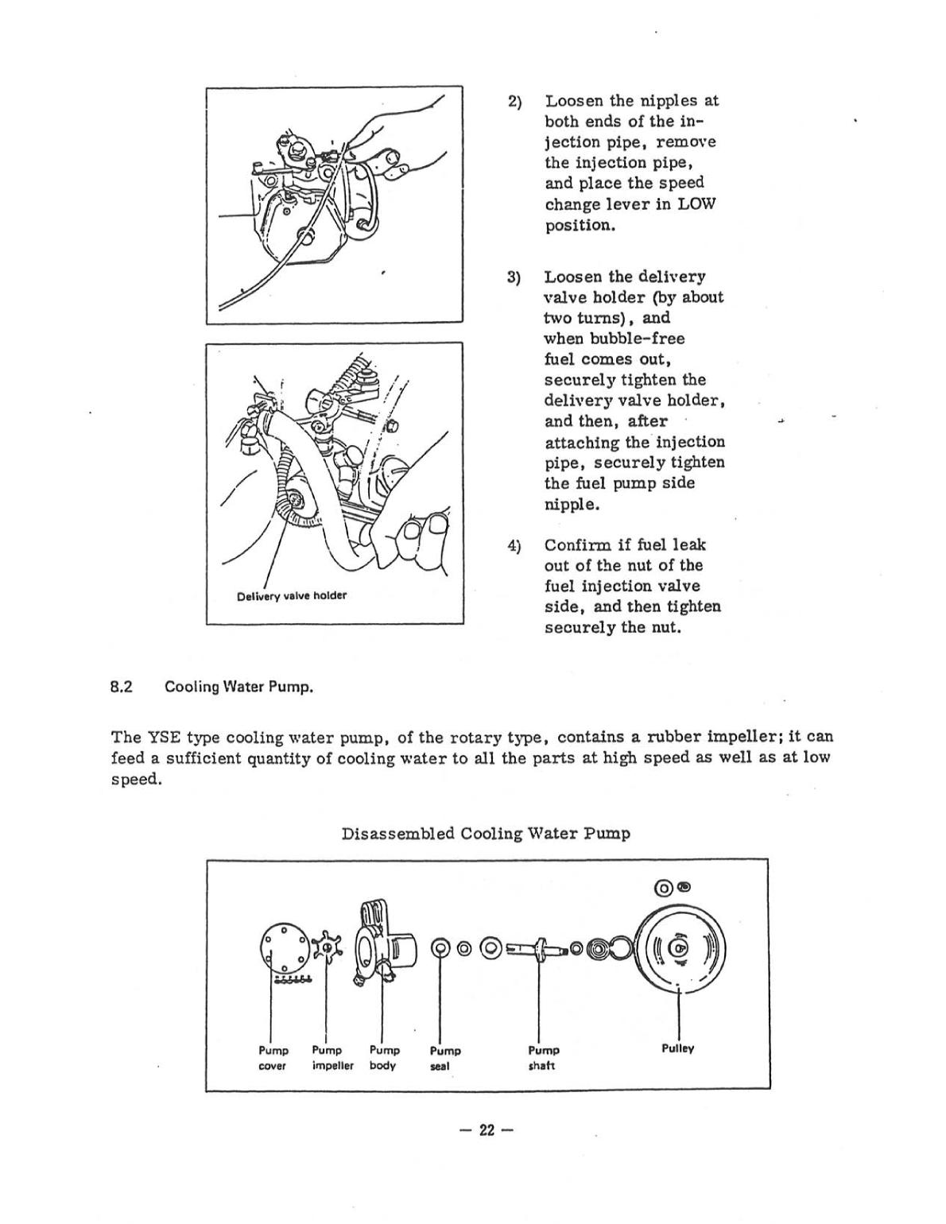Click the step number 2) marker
click(514, 102)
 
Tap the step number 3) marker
click(514, 277)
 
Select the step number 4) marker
click(514, 546)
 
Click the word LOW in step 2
click(699, 204)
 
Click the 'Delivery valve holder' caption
click(292, 595)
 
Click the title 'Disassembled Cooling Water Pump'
click(486, 834)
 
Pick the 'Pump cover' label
click(273, 1058)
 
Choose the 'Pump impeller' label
click(332, 1058)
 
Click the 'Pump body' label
click(384, 1058)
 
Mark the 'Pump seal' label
click(445, 1059)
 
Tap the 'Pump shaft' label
click(544, 1059)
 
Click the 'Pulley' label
click(677, 1049)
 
